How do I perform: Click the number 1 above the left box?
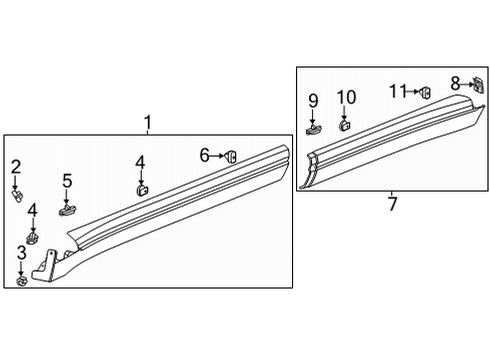[148, 123]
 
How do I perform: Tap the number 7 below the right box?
[392, 205]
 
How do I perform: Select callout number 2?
[16, 166]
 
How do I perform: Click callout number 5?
[67, 181]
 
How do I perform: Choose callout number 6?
[204, 155]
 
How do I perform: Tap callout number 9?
[313, 100]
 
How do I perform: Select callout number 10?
[346, 97]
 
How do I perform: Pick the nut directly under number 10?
[346, 126]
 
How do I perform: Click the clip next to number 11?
[423, 92]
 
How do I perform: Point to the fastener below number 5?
[68, 209]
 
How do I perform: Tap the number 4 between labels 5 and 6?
[140, 161]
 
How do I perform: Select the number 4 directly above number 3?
[33, 210]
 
